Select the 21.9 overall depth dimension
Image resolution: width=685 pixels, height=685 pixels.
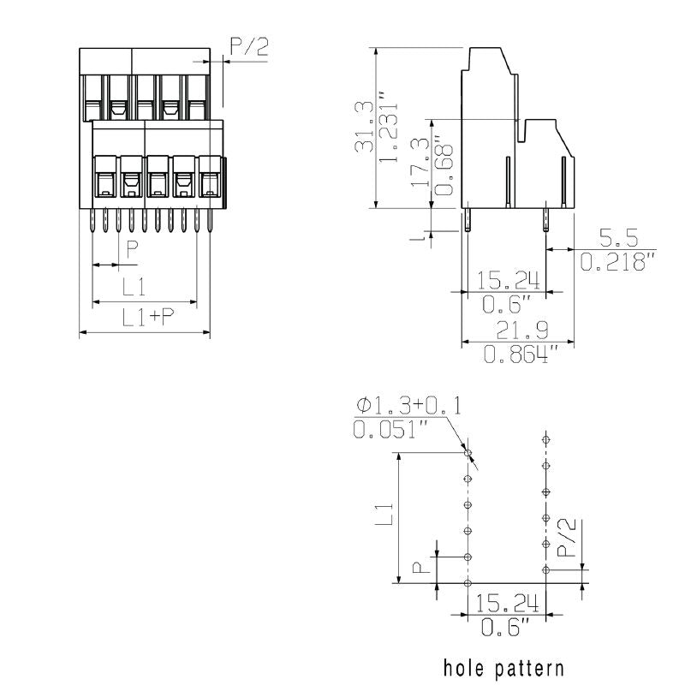[x=519, y=330]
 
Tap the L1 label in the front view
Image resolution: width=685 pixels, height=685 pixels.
[x=133, y=285]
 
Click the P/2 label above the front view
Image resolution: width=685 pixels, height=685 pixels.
[x=249, y=46]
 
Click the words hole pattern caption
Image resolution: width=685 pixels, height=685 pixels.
[x=503, y=667]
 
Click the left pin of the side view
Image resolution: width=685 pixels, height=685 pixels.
[x=468, y=221]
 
